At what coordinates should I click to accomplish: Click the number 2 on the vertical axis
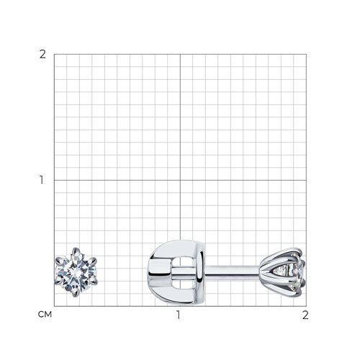[42, 55]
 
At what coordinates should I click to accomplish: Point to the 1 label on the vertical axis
[42, 180]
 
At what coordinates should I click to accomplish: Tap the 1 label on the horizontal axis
[178, 315]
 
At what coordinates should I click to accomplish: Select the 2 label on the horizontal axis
[305, 315]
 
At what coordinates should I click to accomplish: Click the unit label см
[45, 315]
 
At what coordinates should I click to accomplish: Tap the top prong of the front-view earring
[76, 251]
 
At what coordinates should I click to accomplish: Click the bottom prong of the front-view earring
[76, 292]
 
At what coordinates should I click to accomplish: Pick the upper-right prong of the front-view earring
[93, 261]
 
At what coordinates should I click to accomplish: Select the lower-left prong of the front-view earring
[59, 282]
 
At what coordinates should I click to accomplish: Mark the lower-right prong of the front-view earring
[94, 282]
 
